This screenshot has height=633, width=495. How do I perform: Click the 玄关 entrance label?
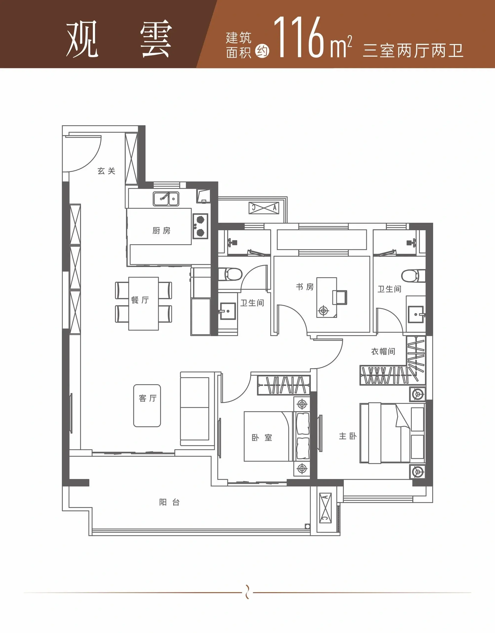coord(106,171)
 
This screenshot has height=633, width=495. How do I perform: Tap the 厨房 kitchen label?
coord(161,230)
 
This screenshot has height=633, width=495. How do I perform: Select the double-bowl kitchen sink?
coord(166,199)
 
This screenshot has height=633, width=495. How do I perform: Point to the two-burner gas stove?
coord(200,226)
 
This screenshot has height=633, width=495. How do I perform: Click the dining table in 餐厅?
coord(144,304)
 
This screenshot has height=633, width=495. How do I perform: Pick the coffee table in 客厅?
coord(147,405)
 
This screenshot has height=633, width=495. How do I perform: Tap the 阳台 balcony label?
coord(169,502)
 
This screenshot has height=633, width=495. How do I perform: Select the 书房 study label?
coord(305,287)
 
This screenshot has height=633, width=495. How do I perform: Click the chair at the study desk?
coord(340,297)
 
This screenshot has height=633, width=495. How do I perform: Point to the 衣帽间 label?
coord(383,351)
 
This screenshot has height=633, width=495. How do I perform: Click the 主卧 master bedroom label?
coord(348,436)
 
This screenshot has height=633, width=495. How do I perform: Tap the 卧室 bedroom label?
coord(262,438)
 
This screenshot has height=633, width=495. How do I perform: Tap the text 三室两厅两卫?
coord(413,51)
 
